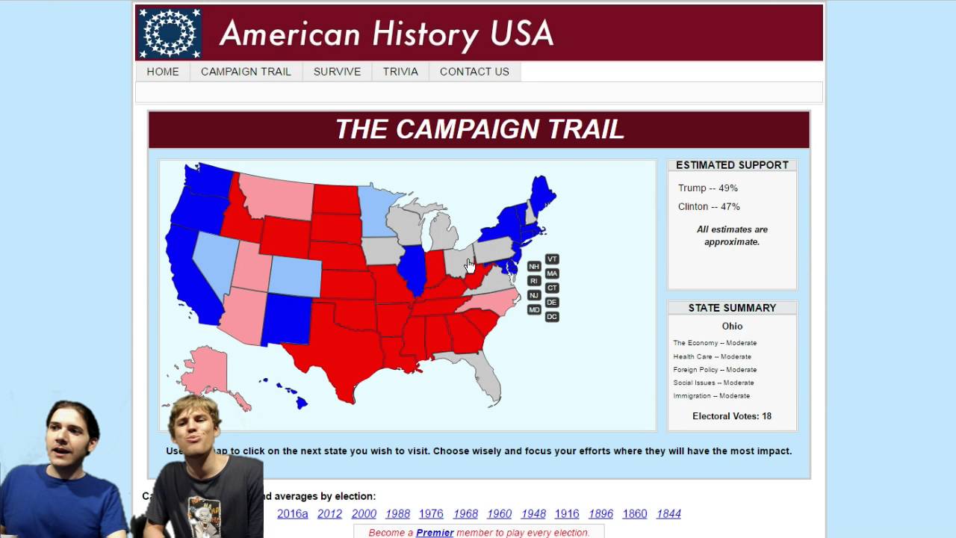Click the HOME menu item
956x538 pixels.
163,72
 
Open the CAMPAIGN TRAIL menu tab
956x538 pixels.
246,72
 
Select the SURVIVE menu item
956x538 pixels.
337,72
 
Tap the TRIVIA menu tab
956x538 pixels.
400,72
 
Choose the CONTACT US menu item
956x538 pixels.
474,72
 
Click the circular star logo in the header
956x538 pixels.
170,34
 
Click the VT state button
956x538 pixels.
552,259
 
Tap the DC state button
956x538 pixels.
552,317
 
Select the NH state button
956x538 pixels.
534,267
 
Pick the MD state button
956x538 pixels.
534,310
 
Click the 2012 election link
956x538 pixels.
329,514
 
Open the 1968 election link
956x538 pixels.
465,514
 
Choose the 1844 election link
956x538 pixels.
668,514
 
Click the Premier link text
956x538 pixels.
435,533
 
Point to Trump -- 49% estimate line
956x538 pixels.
708,188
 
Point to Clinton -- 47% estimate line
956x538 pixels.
709,207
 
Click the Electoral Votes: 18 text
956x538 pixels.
732,416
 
